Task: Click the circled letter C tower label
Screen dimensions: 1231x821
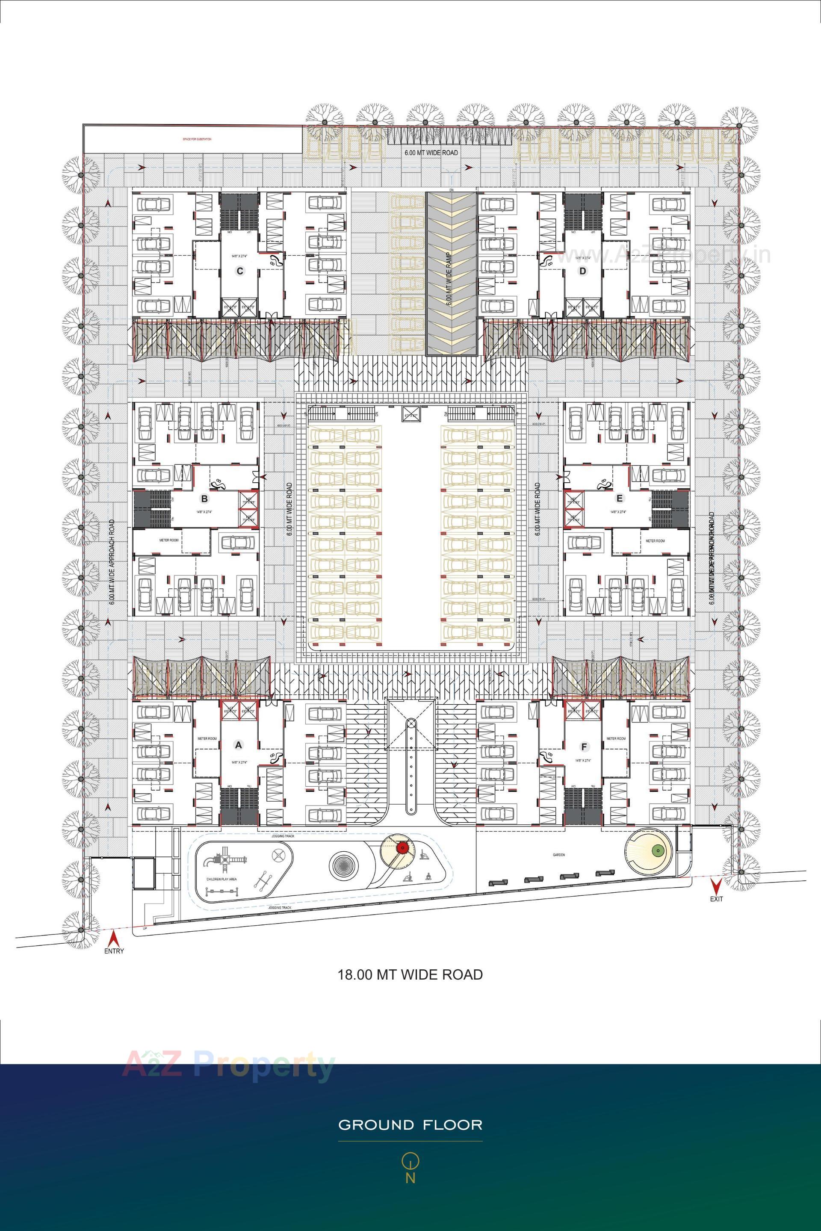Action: point(240,271)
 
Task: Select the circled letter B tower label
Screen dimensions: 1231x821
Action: point(205,499)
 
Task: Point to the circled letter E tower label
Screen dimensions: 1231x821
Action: point(620,499)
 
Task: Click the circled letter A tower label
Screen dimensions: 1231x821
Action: point(239,744)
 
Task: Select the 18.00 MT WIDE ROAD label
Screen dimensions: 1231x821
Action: point(410,974)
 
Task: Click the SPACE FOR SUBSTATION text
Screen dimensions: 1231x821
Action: point(196,139)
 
